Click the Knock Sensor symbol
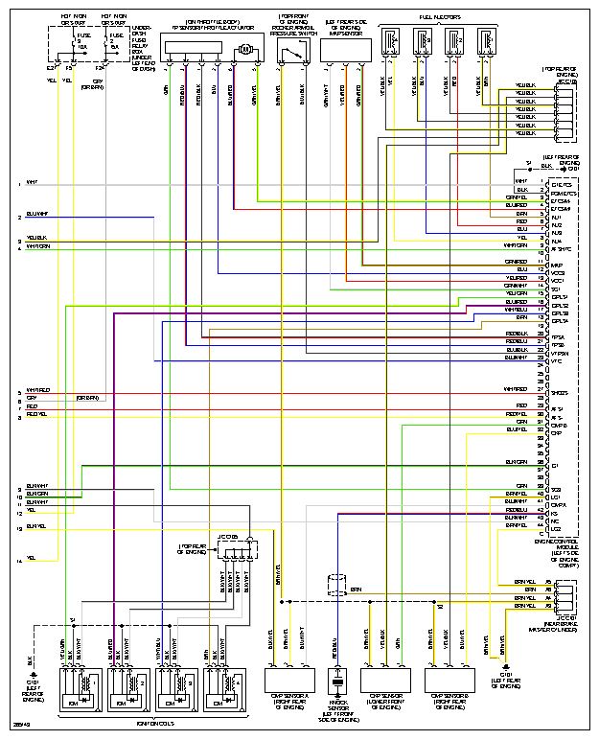pyautogui.click(x=337, y=684)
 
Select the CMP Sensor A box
pyautogui.click(x=288, y=680)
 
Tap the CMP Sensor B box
pyautogui.click(x=450, y=680)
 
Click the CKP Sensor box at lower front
pyautogui.click(x=384, y=680)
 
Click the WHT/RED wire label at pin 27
pyautogui.click(x=515, y=390)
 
